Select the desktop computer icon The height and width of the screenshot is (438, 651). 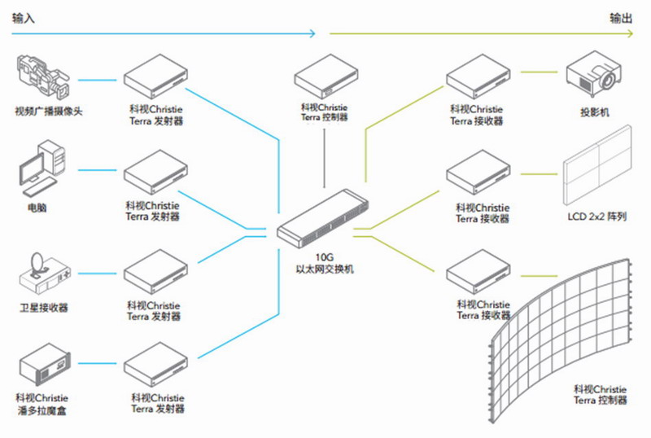click(x=41, y=169)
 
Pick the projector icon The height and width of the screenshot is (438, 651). click(x=591, y=72)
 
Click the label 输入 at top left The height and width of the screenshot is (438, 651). click(x=24, y=17)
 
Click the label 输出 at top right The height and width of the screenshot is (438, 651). click(x=621, y=17)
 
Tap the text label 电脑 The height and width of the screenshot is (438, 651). click(x=37, y=208)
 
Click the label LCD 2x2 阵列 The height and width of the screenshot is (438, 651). click(x=596, y=218)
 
